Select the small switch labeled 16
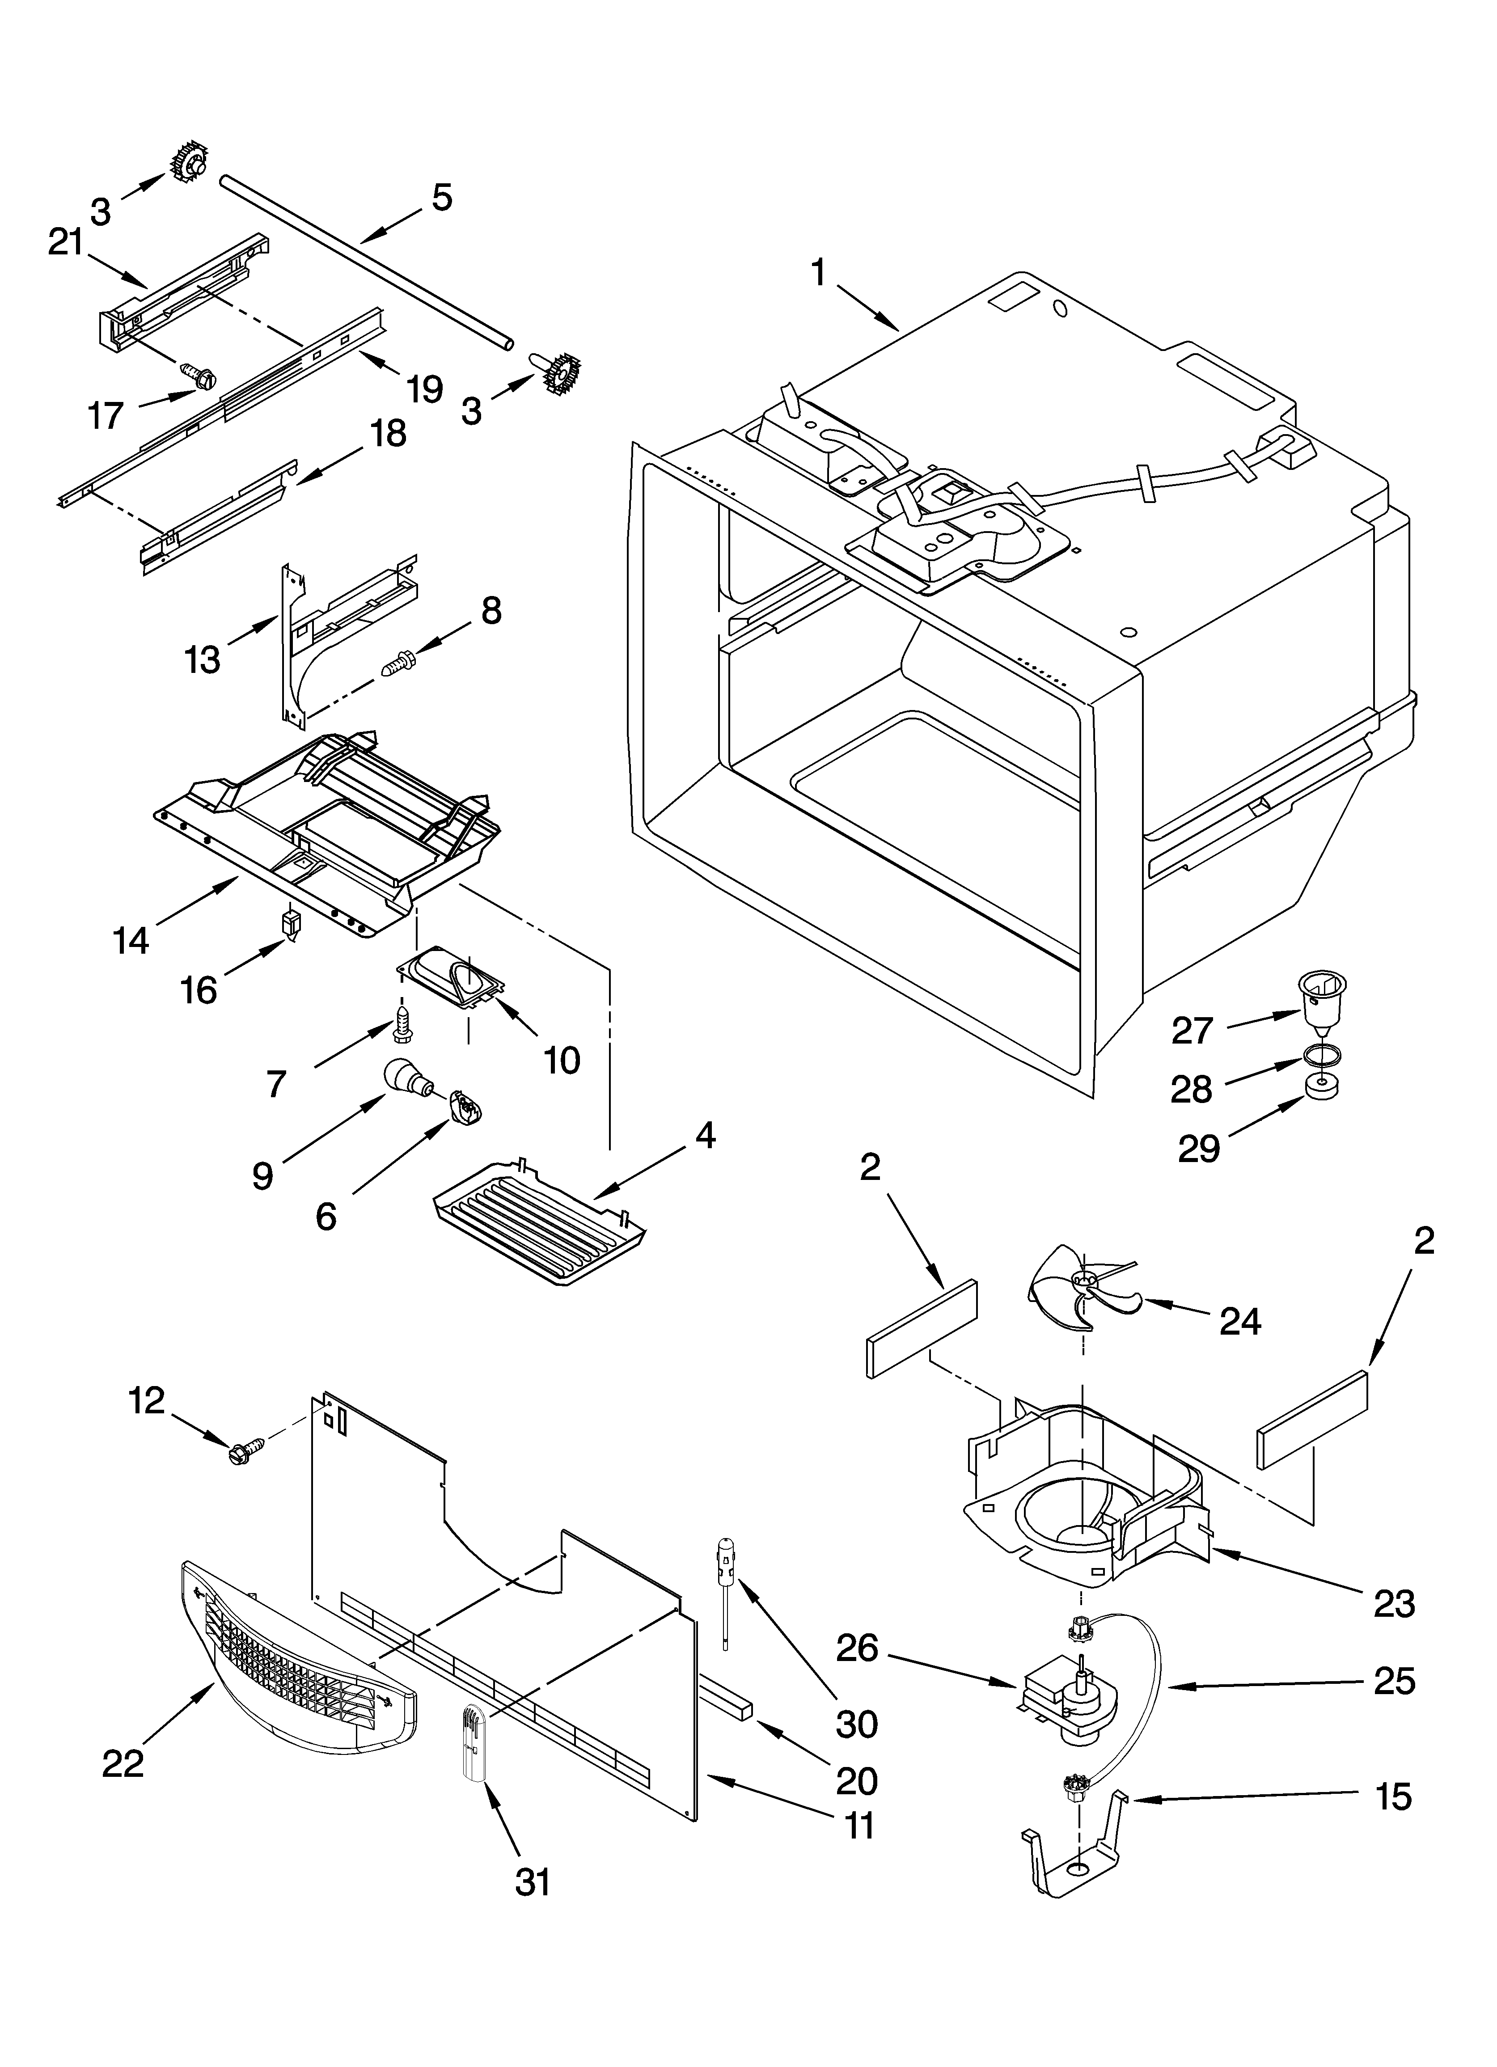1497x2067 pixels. click(x=291, y=923)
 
